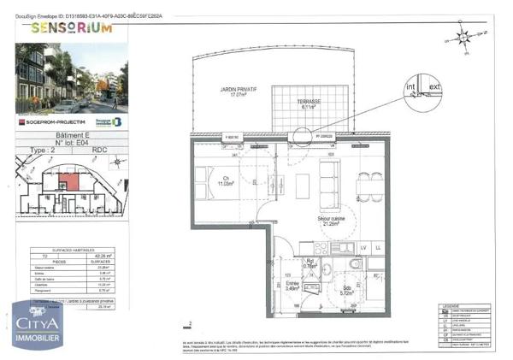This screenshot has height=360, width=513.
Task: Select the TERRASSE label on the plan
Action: point(310,104)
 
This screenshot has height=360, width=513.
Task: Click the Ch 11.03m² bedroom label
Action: point(226,180)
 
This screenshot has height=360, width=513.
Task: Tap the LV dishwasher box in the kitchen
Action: point(363,247)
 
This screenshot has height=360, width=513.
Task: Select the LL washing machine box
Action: point(380,247)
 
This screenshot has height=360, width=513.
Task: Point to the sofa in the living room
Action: point(328,180)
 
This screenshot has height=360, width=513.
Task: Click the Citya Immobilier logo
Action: point(37,330)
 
